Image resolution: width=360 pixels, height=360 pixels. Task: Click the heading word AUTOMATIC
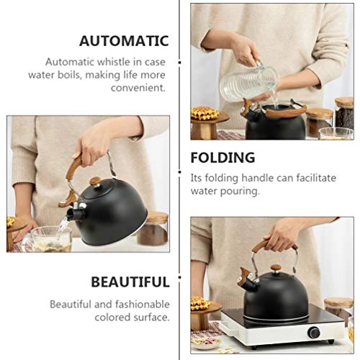[x=124, y=41]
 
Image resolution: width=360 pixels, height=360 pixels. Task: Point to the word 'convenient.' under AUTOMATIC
[x=137, y=88]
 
